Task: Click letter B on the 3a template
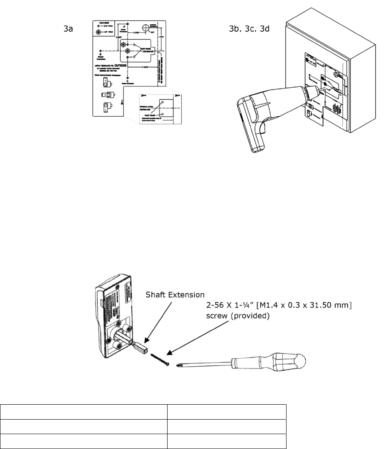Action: pyautogui.click(x=99, y=55)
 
